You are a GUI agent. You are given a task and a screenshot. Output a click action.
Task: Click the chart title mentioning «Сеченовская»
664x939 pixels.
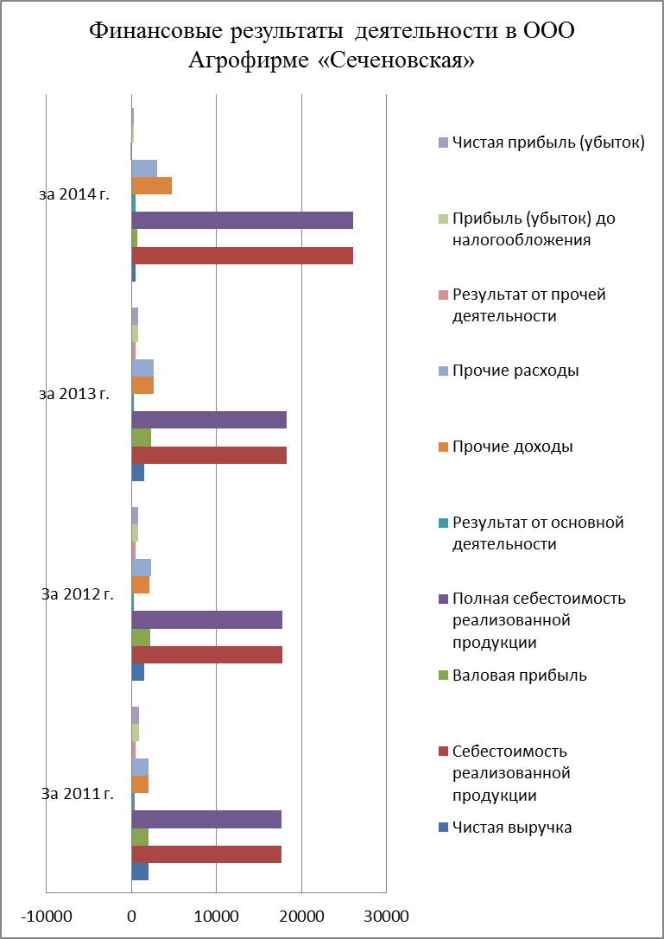[332, 47]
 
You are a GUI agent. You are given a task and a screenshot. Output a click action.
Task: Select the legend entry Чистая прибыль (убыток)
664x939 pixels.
[547, 143]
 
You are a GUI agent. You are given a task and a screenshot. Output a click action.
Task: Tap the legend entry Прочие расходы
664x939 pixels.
[515, 371]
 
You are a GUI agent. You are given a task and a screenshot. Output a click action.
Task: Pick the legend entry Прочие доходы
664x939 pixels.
[512, 447]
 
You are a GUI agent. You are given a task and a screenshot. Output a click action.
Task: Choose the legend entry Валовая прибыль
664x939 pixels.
[519, 676]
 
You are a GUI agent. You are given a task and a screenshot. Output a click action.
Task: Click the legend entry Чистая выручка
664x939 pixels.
[512, 828]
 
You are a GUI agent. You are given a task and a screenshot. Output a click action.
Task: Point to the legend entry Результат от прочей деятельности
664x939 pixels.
[528, 305]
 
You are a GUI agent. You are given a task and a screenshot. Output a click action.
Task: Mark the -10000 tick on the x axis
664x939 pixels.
[47, 914]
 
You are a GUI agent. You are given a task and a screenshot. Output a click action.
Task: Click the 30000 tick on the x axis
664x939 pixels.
[385, 914]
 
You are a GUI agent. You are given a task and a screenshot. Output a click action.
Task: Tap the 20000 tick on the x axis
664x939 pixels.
[300, 914]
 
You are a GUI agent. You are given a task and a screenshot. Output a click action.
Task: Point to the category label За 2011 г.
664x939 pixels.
[78, 793]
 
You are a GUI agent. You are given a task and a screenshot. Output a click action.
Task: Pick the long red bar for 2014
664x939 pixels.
[242, 256]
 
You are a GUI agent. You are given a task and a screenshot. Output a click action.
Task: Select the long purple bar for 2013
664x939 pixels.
[209, 420]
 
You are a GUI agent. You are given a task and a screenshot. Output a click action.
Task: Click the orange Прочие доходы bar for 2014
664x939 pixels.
[151, 186]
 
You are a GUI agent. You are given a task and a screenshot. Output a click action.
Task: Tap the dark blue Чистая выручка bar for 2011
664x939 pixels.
[140, 872]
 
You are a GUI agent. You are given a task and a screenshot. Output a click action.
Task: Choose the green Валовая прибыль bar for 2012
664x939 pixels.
[141, 638]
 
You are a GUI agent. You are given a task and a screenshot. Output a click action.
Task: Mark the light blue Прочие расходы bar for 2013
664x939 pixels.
[142, 368]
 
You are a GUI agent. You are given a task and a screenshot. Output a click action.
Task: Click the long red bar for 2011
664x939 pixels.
[206, 854]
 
